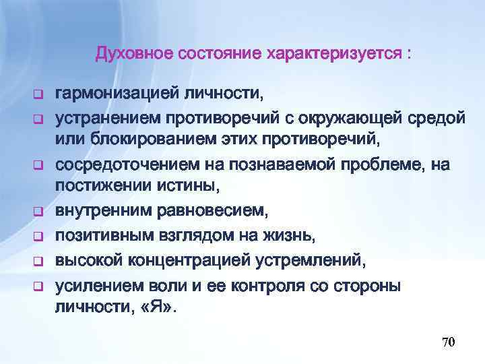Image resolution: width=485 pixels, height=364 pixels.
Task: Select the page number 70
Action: pyautogui.click(x=449, y=342)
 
